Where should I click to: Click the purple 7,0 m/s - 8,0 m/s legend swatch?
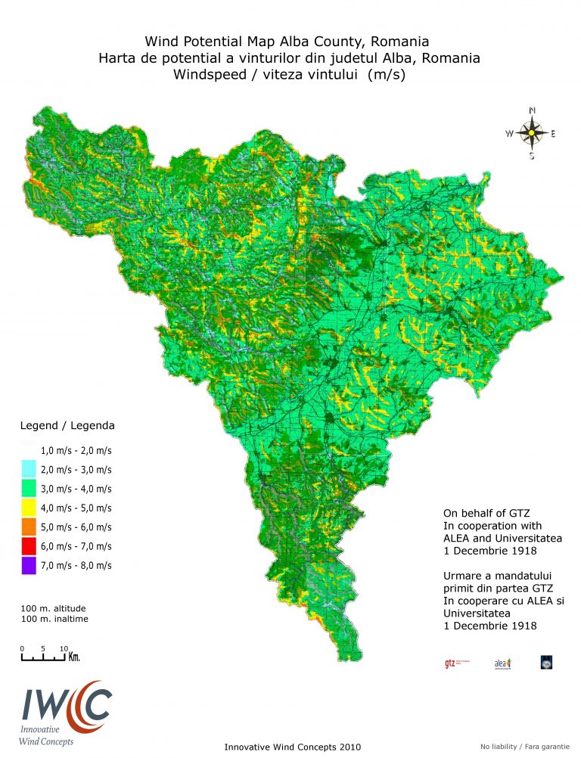coord(29,565)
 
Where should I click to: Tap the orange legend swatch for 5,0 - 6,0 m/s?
coord(29,527)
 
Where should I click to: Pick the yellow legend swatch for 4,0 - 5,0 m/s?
coord(29,508)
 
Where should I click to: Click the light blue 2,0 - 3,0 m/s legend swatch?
coord(29,469)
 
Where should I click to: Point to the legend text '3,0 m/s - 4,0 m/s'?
coord(76,489)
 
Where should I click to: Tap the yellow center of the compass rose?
coord(532,133)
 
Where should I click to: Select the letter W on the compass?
coord(509,134)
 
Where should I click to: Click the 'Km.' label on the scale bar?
coord(74,657)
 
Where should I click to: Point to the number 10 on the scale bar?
coord(64,648)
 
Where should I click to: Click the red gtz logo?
coord(451,663)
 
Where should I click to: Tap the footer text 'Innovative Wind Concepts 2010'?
coord(293,747)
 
